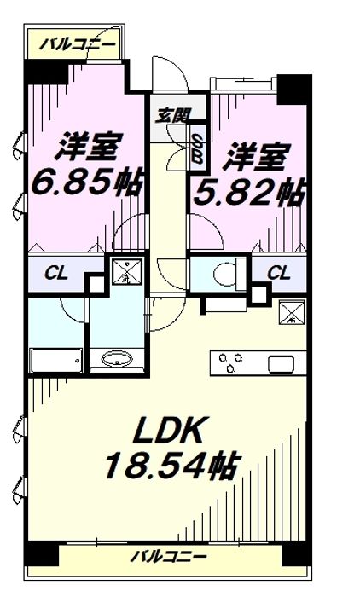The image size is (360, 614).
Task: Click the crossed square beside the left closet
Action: tap(126, 271)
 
